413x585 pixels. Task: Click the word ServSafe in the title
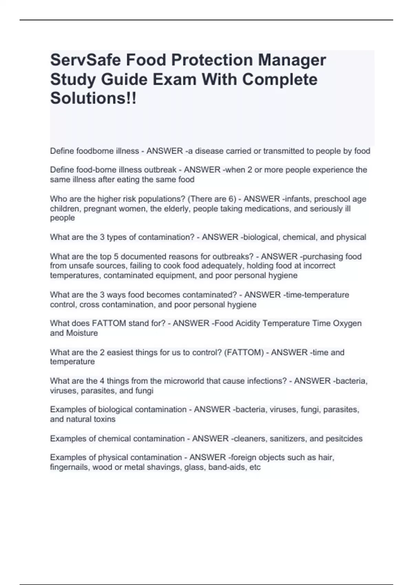click(85, 60)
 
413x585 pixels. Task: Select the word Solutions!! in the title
click(93, 98)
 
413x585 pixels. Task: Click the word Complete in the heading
click(280, 79)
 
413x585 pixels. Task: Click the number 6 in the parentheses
click(230, 199)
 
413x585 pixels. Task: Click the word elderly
click(176, 209)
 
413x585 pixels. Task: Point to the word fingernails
click(70, 467)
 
